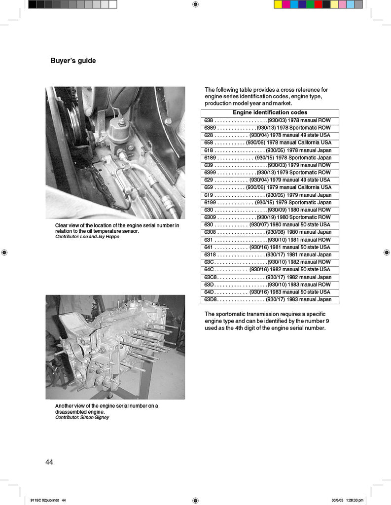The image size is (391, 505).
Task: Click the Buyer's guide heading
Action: [x=73, y=61]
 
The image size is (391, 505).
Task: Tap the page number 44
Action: [x=49, y=462]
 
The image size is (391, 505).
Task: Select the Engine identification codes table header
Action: [x=270, y=112]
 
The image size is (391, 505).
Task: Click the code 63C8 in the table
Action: [x=211, y=277]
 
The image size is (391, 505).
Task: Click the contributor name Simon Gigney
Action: [x=96, y=417]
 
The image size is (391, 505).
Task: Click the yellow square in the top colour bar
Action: [x=278, y=4]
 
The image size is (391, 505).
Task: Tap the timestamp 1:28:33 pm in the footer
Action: [x=354, y=500]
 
